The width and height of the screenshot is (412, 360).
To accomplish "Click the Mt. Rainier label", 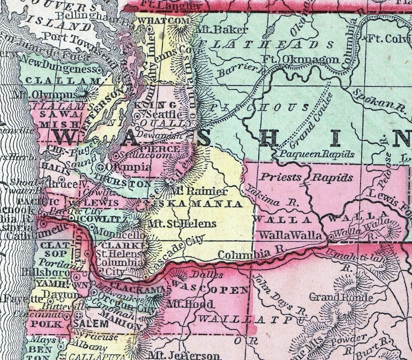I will (x=199, y=191).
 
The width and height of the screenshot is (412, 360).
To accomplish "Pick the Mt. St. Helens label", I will (x=182, y=224).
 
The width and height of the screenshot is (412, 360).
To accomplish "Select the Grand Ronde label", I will (x=340, y=297).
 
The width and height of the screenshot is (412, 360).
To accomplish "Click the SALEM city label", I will (x=91, y=323).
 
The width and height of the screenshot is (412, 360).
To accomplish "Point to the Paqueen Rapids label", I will (x=317, y=154).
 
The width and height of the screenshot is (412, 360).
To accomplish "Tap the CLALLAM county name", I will (x=63, y=81).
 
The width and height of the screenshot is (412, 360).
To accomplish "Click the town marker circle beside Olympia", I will (x=101, y=167).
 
